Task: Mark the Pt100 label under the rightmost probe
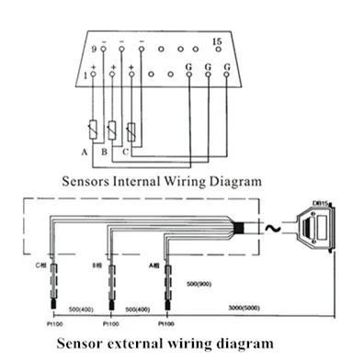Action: pyautogui.click(x=166, y=323)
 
